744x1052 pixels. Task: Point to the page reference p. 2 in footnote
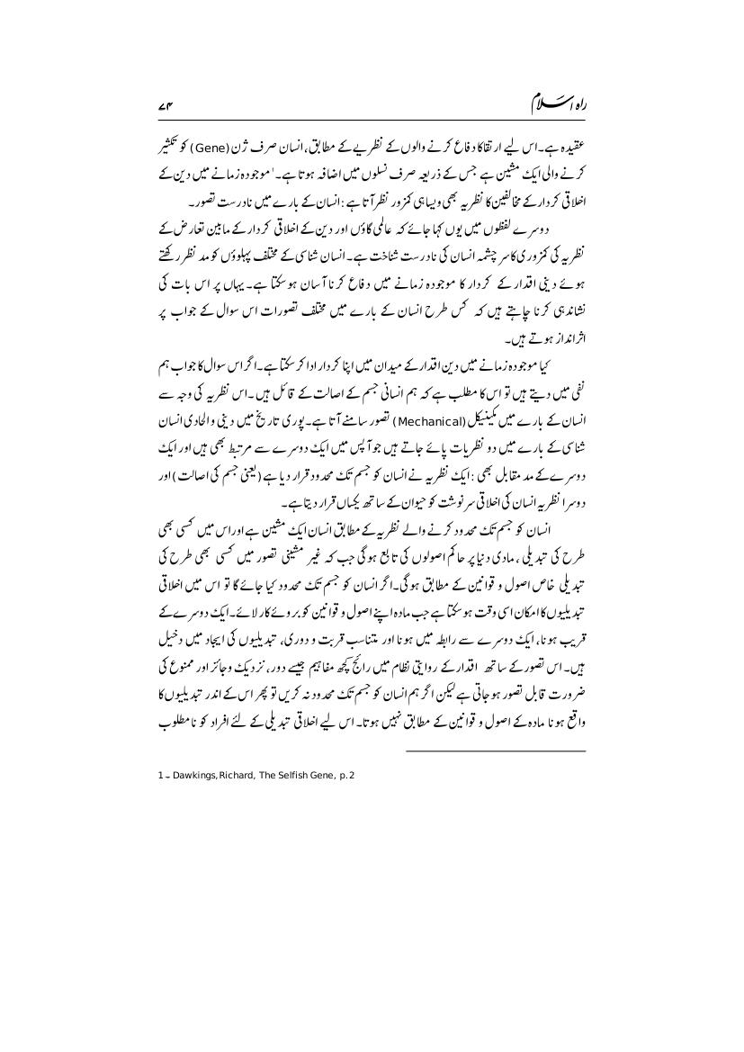[345, 777]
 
